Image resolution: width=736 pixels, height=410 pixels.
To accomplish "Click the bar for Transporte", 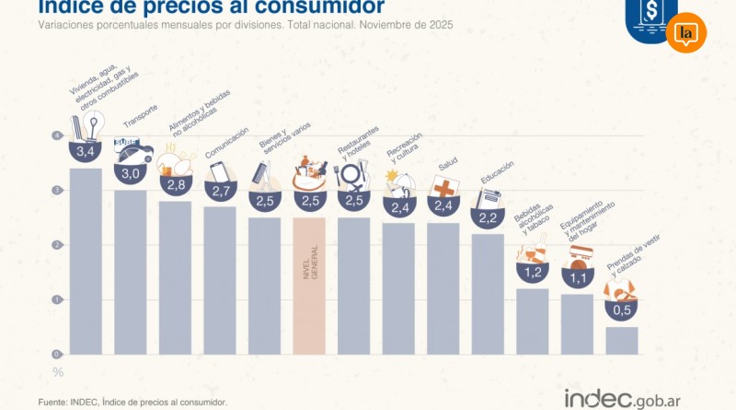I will point(131,272).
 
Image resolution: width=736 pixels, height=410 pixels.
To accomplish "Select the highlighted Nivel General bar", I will point(309,286).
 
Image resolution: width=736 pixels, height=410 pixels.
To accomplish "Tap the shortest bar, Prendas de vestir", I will point(622,340).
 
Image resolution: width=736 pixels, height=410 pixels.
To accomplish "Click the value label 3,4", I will point(86,150).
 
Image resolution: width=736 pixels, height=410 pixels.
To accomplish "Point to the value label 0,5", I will point(622,310).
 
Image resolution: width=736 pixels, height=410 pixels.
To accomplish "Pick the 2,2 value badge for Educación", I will point(488,217).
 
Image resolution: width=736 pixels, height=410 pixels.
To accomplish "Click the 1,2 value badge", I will point(533,273).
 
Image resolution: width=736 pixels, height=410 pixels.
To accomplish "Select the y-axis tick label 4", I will point(57,136).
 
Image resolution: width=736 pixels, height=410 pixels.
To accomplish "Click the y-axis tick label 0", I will point(57,354).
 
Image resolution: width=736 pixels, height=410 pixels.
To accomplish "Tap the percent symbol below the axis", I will point(58,372).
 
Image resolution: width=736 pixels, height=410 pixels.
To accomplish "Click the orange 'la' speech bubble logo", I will point(685,33).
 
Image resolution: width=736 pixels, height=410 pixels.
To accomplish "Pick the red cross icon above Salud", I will point(443,185).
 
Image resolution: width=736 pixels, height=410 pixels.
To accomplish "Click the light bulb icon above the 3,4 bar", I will point(93,124).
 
